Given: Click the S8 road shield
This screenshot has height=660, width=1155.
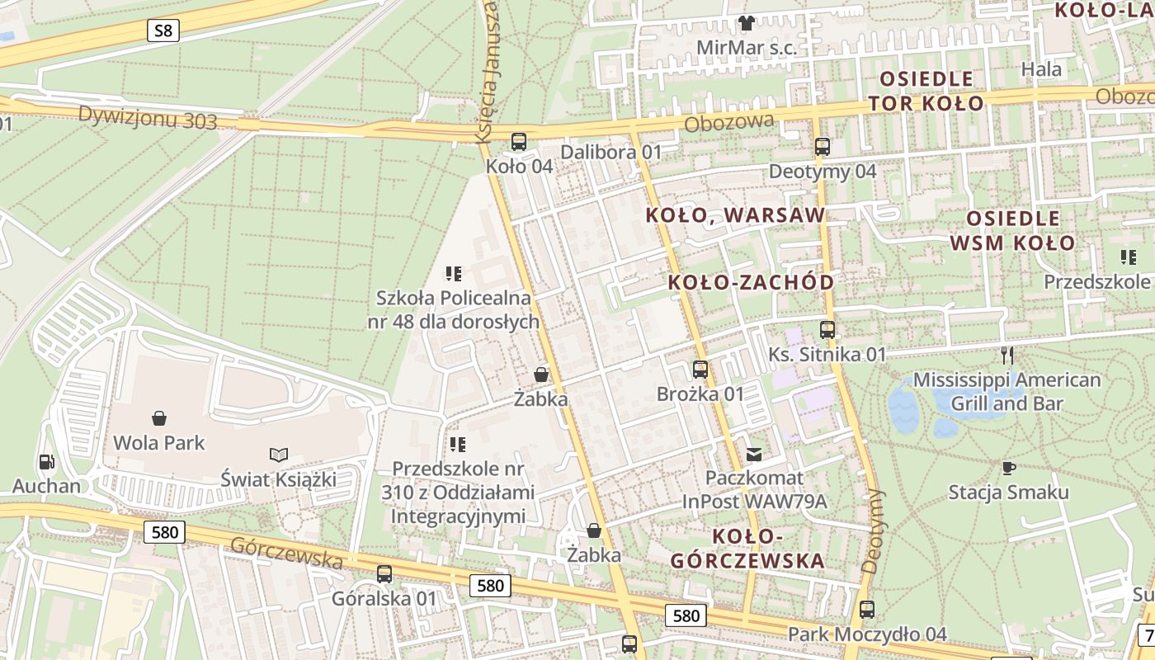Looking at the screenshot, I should click(x=163, y=31).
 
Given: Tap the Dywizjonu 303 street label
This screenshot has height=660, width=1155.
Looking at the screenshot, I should click(x=148, y=117).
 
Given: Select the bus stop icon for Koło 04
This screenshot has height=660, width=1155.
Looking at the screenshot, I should click(x=518, y=141).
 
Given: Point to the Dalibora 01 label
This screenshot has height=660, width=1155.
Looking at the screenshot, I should click(x=610, y=152).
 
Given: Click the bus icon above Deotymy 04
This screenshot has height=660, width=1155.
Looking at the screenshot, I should click(x=823, y=148).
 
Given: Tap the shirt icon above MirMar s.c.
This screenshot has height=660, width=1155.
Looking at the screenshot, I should click(x=746, y=23).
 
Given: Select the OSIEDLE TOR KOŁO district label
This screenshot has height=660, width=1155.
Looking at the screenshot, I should click(x=926, y=91).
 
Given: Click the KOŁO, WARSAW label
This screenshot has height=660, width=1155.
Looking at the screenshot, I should click(x=735, y=215).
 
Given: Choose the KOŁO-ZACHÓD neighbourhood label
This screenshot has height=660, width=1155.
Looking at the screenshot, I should click(x=751, y=282).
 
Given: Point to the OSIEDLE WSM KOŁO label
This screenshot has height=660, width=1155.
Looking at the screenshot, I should click(x=1012, y=230).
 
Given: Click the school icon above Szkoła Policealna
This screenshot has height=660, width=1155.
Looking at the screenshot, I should click(x=453, y=273).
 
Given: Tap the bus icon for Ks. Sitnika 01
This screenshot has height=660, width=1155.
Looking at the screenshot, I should click(x=827, y=330).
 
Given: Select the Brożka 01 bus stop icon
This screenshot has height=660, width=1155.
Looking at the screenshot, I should click(x=700, y=370).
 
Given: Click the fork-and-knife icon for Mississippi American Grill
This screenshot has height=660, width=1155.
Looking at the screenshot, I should click(x=1006, y=356).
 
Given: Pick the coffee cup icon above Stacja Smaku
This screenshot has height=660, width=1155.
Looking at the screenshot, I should click(x=1008, y=468).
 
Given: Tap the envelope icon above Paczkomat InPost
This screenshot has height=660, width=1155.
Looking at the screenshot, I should click(x=754, y=454).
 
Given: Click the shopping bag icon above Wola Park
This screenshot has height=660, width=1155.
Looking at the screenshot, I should click(x=158, y=418).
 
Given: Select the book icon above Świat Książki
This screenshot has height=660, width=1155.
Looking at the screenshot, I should click(x=279, y=455).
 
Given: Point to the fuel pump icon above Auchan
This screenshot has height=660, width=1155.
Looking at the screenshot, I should click(x=46, y=462).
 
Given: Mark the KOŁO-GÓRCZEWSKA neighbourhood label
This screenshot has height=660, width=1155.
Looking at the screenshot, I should click(x=747, y=549).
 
